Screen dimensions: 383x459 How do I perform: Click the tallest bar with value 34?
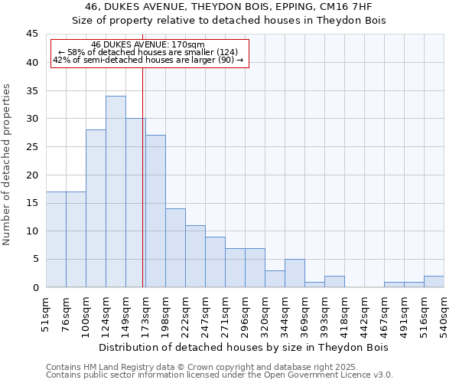coord(116,191)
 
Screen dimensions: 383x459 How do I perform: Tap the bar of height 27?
coord(155,211)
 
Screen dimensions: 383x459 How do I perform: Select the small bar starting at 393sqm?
coord(334,282)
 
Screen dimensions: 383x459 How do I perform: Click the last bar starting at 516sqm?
coord(434,282)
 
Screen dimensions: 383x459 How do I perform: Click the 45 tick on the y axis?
coord(32,34)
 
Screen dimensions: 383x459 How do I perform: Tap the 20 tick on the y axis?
coord(32,175)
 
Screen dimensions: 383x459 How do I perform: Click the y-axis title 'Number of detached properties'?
coord(8,164)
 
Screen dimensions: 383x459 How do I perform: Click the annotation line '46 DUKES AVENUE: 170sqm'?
coord(148,44)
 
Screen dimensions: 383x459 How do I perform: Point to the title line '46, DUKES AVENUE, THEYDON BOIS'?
coord(229,7)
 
